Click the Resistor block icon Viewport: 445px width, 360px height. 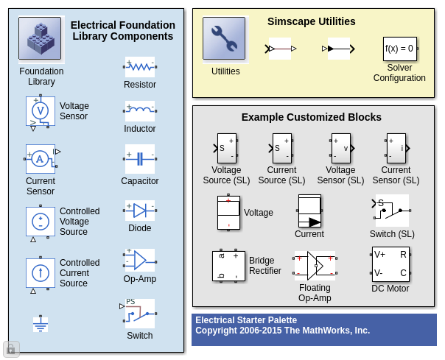140,67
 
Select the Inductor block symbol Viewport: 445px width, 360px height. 140,111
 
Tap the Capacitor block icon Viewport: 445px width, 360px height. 140,159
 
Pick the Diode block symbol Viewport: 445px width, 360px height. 140,211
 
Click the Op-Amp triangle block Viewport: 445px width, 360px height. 140,260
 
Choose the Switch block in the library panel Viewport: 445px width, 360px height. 140,314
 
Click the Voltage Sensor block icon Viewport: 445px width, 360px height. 41,111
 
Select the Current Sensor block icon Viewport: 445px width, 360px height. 41,159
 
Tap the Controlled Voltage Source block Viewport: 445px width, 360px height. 41,222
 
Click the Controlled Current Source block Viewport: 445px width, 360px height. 41,273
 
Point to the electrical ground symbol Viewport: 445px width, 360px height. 41,324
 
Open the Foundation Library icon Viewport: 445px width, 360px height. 41,39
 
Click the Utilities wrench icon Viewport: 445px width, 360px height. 224,38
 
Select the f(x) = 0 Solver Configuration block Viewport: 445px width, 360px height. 400,49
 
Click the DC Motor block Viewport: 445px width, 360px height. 390,264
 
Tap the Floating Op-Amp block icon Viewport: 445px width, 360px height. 315,266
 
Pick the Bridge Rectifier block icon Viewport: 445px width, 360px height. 228,266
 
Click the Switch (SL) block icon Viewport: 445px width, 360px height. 392,211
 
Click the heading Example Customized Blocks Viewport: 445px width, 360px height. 312,117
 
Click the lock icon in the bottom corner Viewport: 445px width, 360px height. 11,349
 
